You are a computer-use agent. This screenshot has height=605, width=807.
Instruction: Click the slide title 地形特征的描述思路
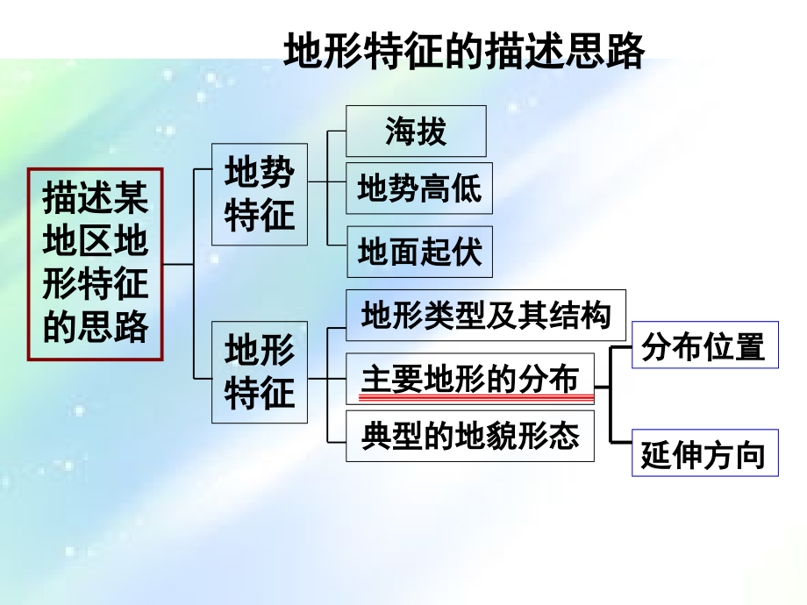coord(464,51)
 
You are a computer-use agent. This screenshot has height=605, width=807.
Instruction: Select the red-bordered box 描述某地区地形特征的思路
coord(96,264)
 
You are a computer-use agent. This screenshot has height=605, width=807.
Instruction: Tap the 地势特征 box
coord(260,194)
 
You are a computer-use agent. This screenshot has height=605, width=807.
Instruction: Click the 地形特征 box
coord(260,372)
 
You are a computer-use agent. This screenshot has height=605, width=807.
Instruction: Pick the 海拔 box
coord(416,131)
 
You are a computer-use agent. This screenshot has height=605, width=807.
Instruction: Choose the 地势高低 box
coord(419,188)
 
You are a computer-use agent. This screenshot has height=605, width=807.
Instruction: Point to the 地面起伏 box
coord(419,252)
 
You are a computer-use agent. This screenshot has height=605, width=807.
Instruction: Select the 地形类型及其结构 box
coord(486,315)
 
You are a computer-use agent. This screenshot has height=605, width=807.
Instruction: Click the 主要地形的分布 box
coord(470,379)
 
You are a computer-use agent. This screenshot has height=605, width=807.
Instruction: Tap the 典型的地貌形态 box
coord(470,436)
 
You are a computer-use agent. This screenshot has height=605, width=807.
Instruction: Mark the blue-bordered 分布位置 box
coord(705,345)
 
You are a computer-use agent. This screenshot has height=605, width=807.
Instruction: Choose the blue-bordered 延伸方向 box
coord(705,452)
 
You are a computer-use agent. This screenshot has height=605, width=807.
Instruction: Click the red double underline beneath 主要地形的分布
coord(476,397)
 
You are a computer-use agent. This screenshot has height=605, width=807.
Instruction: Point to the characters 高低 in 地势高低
coord(451,188)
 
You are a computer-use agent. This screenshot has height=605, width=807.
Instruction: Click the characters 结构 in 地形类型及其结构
coord(580,315)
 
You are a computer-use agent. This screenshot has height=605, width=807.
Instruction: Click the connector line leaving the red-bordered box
coord(179,265)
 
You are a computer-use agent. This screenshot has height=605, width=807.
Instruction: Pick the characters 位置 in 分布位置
coord(734,345)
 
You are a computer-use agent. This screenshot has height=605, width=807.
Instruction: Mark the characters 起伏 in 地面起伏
coord(452,252)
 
